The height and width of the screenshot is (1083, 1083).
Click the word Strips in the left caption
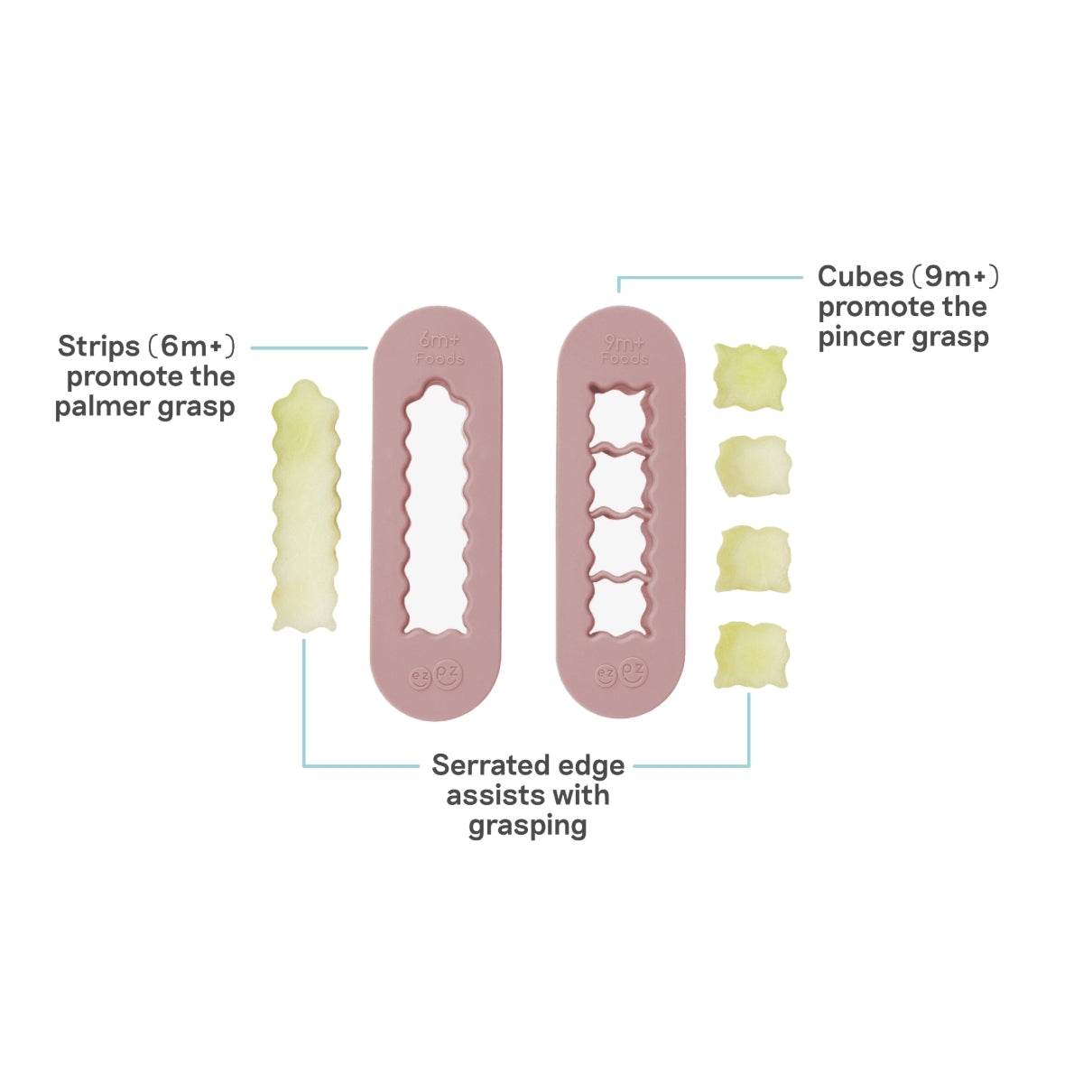tap(98, 347)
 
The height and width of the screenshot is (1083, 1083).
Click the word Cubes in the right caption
tap(860, 276)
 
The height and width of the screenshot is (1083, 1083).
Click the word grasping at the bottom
tap(527, 826)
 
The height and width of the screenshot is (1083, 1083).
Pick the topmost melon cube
tap(749, 376)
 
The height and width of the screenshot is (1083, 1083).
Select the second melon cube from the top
tap(752, 466)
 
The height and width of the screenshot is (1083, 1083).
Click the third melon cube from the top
tap(753, 560)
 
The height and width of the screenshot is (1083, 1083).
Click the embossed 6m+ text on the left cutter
tap(440, 344)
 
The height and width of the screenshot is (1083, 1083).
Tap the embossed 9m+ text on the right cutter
tap(625, 344)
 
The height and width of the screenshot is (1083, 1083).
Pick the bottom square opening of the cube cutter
tap(620, 606)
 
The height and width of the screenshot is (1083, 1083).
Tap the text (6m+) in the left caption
tap(191, 347)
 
